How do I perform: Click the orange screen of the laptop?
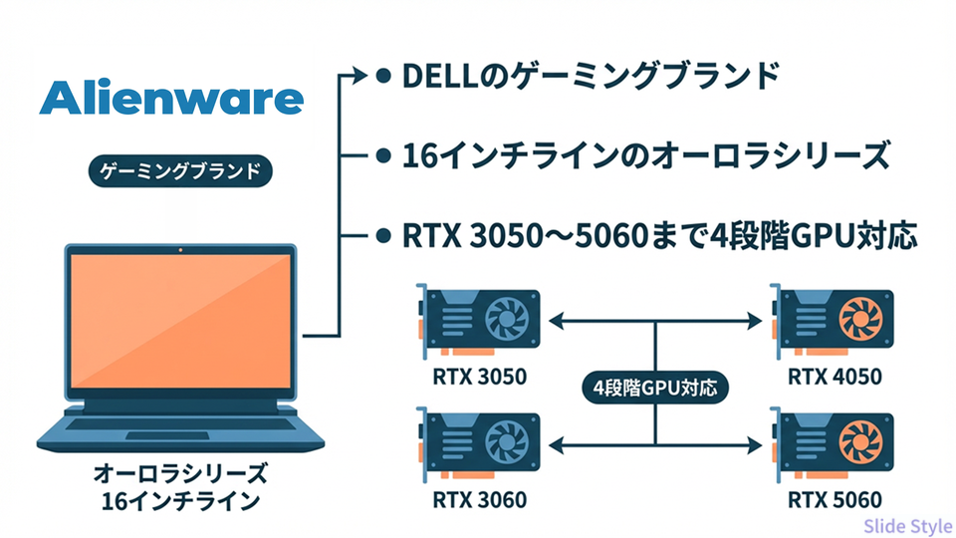pos(180,321)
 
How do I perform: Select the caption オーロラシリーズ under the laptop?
pos(180,470)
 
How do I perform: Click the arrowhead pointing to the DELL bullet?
pos(359,76)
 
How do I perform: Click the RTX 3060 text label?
pos(479,499)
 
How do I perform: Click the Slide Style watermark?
pos(907,526)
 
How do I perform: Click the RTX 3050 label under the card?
pos(479,377)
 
